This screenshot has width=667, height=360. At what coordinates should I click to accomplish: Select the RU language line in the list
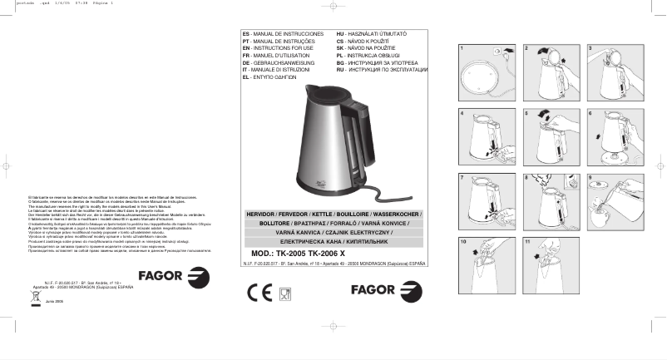[x=382, y=70]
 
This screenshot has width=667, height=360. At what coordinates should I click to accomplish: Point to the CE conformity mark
[x=259, y=292]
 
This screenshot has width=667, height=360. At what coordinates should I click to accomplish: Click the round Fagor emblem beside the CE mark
[x=410, y=292]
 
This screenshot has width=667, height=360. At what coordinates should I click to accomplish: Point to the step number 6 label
[x=590, y=112]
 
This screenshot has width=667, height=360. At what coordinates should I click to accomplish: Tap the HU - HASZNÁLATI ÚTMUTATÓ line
[x=375, y=32]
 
